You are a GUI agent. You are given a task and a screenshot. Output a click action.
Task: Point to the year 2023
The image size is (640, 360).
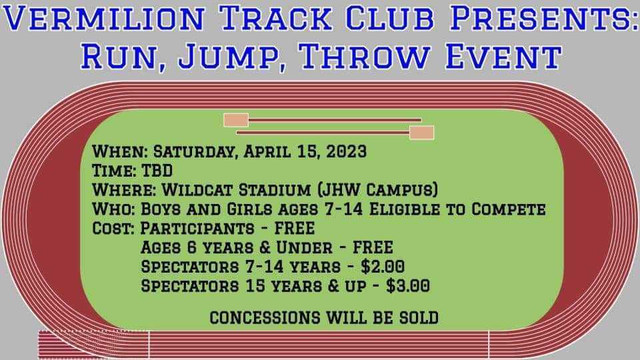[347, 151]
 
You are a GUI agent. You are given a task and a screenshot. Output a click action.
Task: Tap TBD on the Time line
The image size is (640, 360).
[157, 171]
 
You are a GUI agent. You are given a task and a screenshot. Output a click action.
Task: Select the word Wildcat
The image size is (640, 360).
[197, 190]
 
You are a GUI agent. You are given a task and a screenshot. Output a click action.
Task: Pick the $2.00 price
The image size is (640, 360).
[383, 267]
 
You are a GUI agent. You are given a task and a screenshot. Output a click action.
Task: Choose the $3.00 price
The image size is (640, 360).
[408, 286]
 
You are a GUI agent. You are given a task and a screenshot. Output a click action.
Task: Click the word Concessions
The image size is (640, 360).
[265, 317]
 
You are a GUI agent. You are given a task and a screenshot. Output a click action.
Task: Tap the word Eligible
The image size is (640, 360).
[405, 209]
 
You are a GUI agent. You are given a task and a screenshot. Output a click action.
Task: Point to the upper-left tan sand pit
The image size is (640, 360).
[236, 120]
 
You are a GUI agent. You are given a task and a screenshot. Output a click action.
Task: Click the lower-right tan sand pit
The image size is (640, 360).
[421, 133]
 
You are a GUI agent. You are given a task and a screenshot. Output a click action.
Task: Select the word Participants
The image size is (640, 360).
[197, 228]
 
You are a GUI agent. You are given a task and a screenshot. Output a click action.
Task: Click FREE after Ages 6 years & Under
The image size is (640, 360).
[373, 247]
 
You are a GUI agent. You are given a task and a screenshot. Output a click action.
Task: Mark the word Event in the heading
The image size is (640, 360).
[503, 55]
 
